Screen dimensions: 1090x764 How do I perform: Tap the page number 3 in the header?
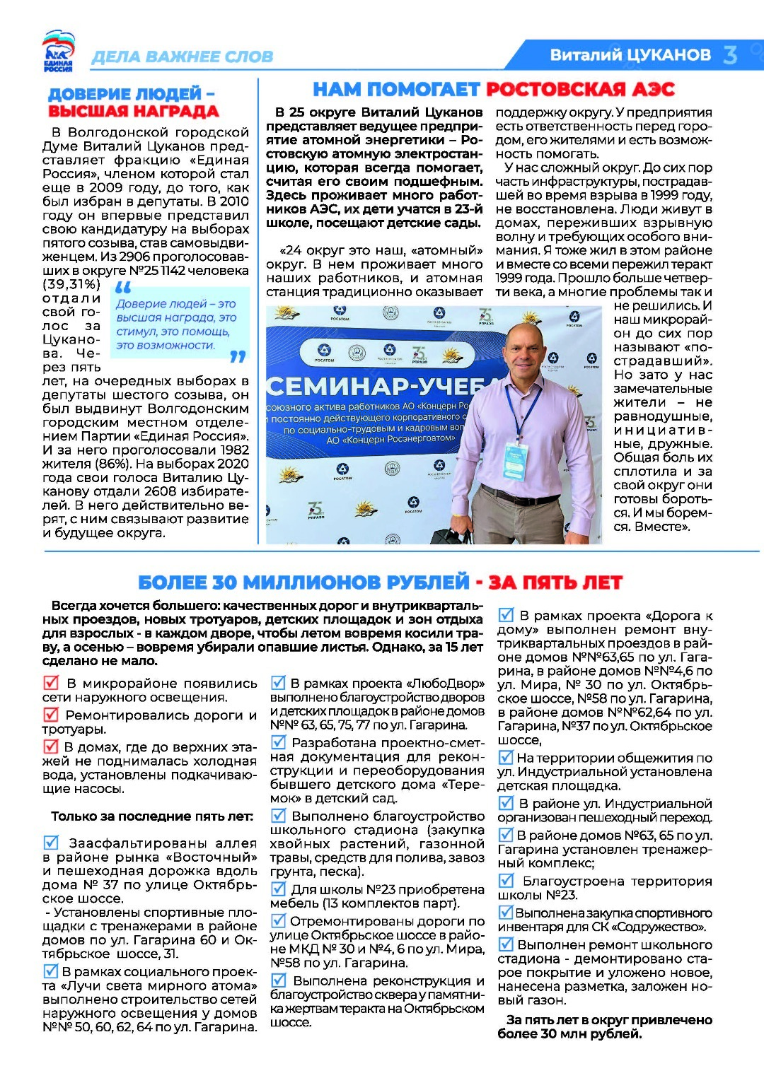point(731,54)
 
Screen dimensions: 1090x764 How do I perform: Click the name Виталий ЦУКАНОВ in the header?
point(630,55)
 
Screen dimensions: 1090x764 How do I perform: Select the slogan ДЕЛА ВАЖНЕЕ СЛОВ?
point(182,57)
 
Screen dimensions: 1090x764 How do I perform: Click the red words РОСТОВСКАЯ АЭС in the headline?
point(580,89)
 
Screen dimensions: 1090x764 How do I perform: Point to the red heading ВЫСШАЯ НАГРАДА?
point(133,112)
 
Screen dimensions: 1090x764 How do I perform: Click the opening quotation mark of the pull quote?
point(123,288)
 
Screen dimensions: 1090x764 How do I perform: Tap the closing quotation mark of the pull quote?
point(238,357)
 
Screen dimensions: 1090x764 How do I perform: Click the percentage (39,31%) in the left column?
point(71,284)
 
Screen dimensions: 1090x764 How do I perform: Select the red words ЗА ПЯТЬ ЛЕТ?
point(555,582)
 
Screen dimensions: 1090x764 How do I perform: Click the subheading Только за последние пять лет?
point(152,816)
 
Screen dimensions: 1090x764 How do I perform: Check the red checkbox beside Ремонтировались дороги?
point(51,715)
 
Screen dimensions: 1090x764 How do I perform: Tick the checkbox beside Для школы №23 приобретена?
point(279,889)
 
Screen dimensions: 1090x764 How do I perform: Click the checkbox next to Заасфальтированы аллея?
point(52,843)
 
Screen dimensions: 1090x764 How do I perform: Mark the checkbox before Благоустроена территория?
point(507,881)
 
